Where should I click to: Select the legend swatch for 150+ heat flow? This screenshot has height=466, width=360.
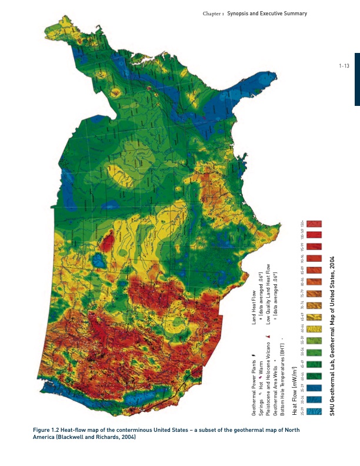(314, 224)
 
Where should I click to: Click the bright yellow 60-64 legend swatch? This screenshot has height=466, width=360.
(314, 328)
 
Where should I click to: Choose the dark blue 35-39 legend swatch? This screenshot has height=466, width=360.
(314, 388)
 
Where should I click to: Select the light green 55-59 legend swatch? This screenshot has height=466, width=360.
(314, 340)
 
